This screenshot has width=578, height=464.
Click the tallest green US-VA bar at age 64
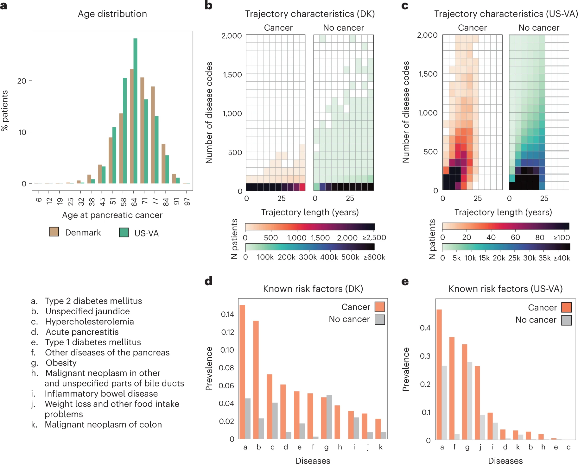click(135, 111)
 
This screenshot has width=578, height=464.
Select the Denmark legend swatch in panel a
click(54, 232)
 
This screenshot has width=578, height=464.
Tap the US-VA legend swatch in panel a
click(124, 233)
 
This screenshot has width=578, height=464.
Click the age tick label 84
click(165, 202)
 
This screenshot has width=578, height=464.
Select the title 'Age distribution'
click(112, 14)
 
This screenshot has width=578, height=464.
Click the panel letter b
click(208, 5)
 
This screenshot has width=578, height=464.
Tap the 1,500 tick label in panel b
click(232, 75)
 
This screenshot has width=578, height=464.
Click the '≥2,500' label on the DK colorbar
click(374, 238)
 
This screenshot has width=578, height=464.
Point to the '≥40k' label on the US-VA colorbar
click(562, 258)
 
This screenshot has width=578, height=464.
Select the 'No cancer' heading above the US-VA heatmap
click(539, 28)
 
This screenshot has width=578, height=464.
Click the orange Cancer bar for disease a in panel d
click(242, 372)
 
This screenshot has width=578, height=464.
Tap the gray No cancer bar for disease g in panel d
click(329, 417)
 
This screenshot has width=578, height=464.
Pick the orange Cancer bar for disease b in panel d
click(256, 380)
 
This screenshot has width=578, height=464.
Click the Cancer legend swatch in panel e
click(566, 307)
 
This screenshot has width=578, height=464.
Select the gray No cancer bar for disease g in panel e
click(470, 401)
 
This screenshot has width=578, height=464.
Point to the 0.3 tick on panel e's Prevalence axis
click(425, 356)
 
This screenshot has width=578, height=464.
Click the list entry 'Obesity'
click(61, 363)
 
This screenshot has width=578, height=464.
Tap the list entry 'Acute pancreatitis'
click(82, 332)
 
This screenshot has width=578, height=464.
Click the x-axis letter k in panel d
click(381, 447)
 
